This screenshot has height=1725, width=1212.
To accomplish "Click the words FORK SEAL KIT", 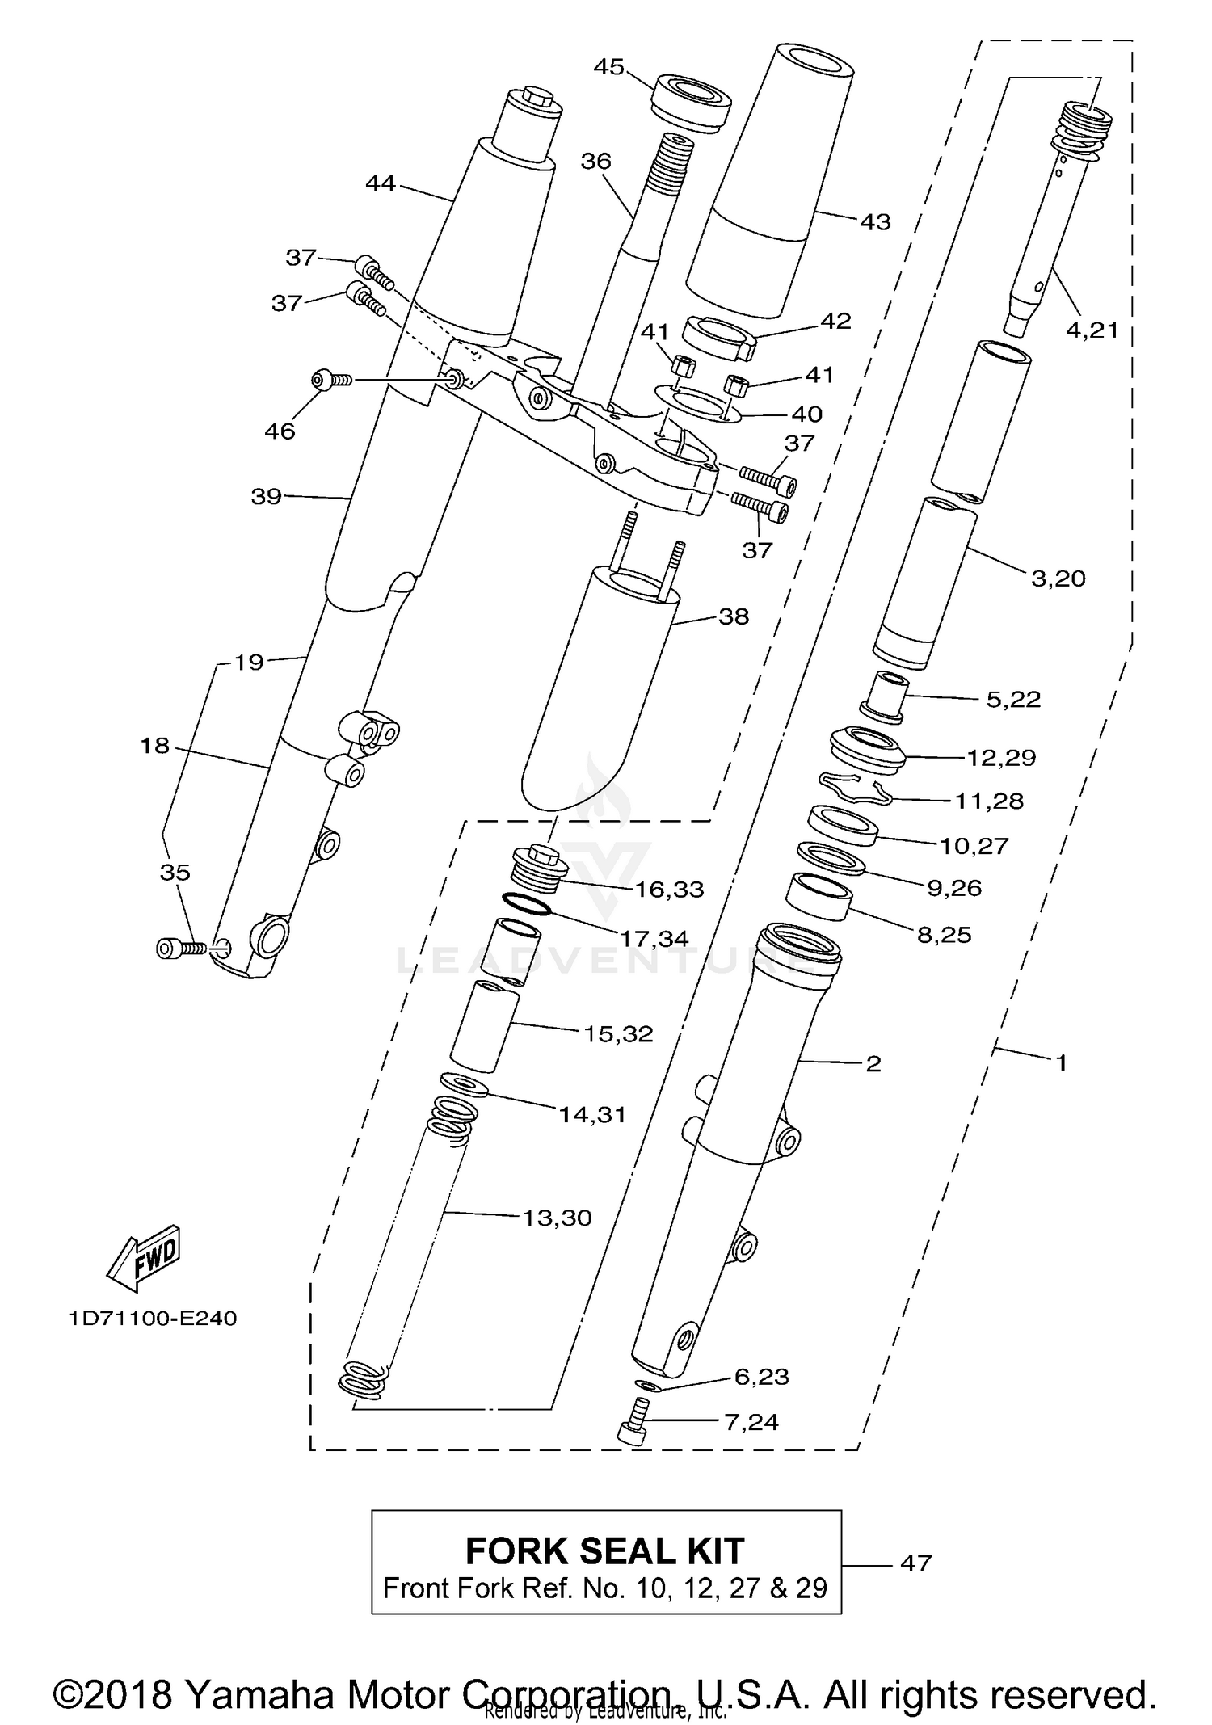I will (604, 1550).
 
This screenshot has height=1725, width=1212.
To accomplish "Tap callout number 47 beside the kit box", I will (915, 1563).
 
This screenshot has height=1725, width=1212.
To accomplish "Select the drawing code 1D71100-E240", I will (153, 1319).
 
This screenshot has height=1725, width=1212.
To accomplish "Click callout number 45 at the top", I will (608, 66).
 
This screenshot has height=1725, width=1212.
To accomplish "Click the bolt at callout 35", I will (181, 948).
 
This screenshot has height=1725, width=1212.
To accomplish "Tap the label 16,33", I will (669, 890).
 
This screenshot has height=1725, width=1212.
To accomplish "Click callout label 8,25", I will (944, 935).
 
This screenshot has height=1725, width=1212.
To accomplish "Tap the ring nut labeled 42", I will (718, 336).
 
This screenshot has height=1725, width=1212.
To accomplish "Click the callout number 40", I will (806, 414).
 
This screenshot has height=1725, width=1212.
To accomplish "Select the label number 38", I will (734, 616).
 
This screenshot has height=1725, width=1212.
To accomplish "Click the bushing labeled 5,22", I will (884, 696).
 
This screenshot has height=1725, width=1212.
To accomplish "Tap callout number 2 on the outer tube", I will (873, 1063).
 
